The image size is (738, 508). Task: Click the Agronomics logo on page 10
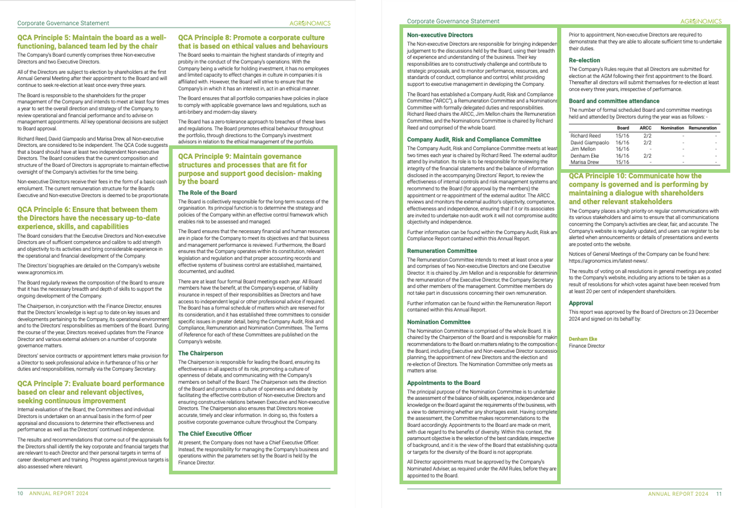pos(310,23)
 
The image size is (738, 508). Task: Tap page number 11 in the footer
pos(719,494)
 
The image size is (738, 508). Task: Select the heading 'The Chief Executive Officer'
pos(214,434)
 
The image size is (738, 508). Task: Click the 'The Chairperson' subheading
pos(201,353)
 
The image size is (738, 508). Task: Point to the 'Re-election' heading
pos(584,61)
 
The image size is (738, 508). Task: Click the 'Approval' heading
pos(580,303)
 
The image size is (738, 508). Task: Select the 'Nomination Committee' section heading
pos(438,322)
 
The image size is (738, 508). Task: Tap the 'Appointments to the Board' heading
pos(443,383)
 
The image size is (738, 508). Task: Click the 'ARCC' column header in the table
pos(645,128)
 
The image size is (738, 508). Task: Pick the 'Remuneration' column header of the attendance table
pos(702,128)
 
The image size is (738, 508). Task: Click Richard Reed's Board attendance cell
pos(622,136)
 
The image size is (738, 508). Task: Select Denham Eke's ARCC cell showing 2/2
pos(647,156)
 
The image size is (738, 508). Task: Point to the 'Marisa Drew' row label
pos(585,162)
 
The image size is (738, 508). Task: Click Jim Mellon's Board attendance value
pos(622,149)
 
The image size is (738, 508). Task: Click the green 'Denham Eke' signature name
pos(582,339)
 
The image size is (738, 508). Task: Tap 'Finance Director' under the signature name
pos(587,346)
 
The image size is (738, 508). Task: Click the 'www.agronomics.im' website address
pos(40,273)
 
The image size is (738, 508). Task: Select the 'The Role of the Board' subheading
pos(207,193)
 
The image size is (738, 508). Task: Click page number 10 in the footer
pos(21,494)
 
